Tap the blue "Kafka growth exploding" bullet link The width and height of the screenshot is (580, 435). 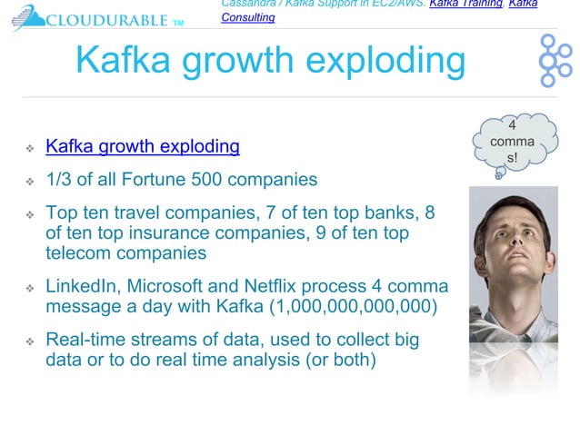143,146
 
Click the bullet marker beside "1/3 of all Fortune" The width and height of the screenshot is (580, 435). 29,180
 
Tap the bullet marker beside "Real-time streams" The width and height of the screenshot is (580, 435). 29,341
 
